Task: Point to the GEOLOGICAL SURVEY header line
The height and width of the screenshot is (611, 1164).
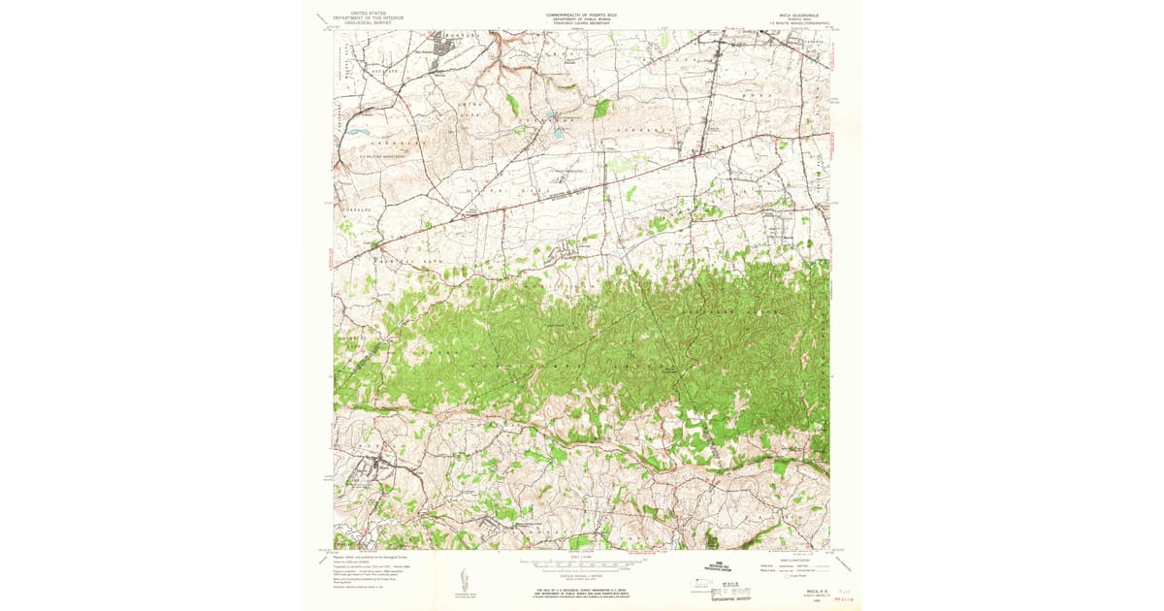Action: tap(366, 23)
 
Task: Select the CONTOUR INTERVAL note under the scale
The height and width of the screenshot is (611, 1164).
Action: tap(581, 574)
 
